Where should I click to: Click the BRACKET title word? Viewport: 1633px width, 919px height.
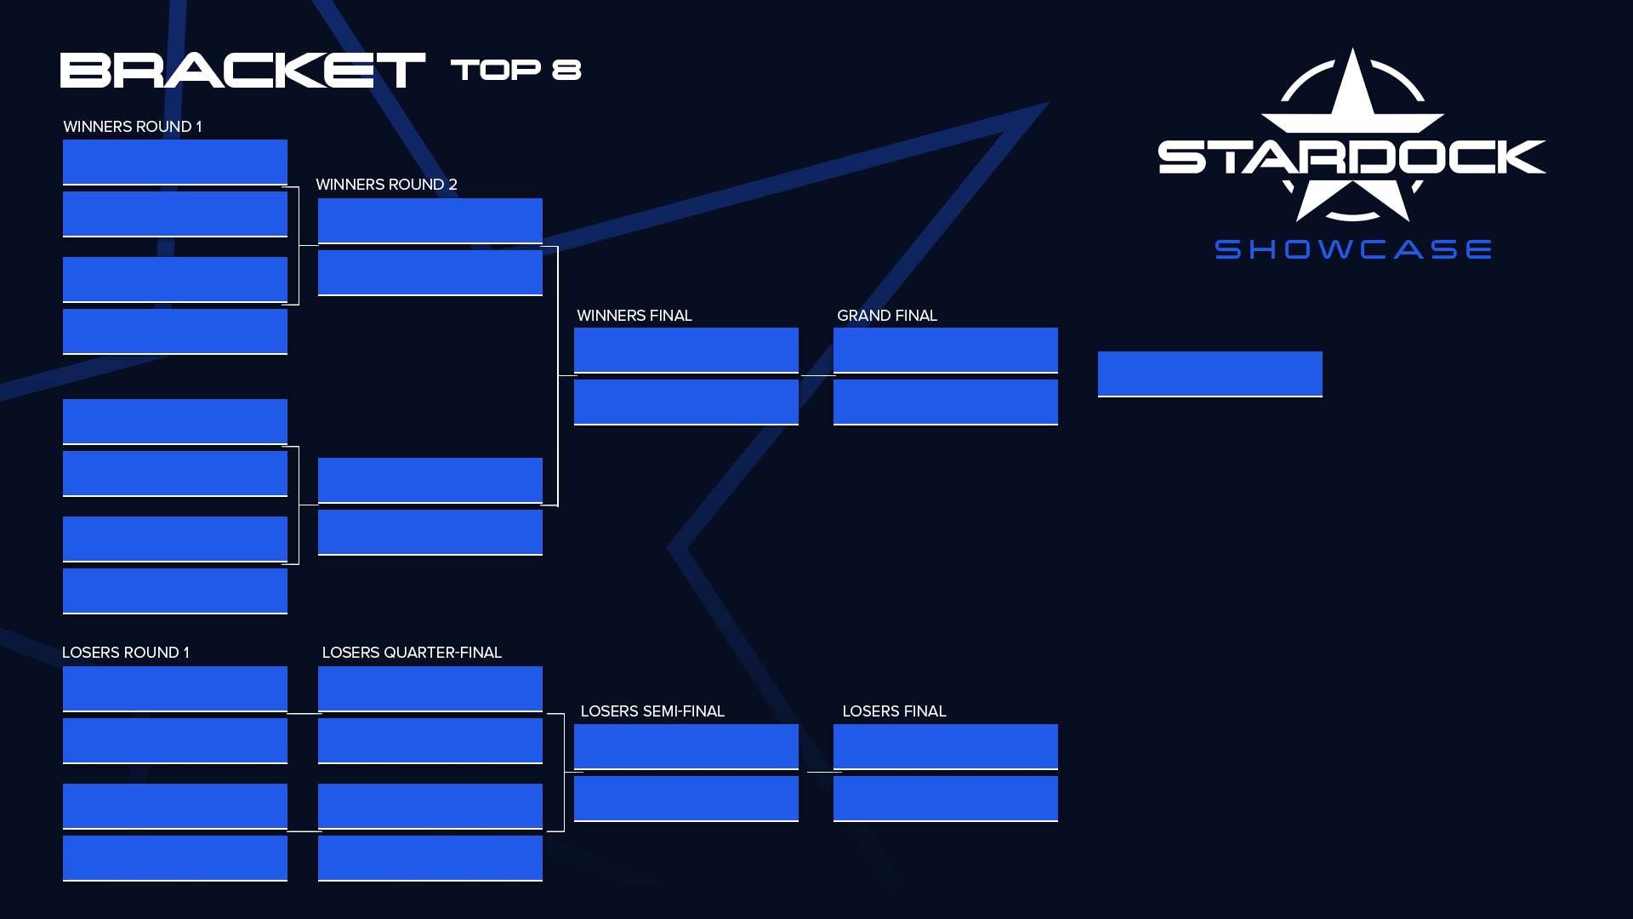click(x=242, y=70)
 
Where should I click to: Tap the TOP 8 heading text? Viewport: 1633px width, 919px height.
click(x=515, y=70)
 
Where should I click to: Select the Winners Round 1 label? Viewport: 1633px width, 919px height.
click(x=133, y=127)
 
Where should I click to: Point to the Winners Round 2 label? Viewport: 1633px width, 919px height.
click(x=386, y=185)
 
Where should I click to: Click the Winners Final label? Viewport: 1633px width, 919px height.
click(x=634, y=316)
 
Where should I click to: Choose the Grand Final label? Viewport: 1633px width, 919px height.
click(x=887, y=316)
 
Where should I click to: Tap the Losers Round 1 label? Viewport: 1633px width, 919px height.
click(x=126, y=653)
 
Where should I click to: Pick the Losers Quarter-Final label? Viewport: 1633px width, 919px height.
click(x=412, y=653)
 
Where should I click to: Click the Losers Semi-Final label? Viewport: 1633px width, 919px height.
click(x=652, y=711)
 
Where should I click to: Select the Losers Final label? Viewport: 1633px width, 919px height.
click(x=894, y=711)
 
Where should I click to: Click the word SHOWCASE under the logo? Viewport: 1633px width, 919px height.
click(x=1352, y=249)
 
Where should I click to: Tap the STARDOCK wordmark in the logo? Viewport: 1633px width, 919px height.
click(x=1351, y=157)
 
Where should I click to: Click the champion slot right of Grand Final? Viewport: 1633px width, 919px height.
click(x=1209, y=374)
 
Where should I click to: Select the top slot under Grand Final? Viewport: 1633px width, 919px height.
click(x=945, y=350)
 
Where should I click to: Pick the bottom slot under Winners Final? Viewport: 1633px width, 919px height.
click(x=686, y=402)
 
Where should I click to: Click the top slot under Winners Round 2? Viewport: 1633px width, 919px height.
click(x=430, y=220)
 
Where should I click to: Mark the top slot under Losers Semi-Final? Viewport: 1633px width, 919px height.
click(x=686, y=746)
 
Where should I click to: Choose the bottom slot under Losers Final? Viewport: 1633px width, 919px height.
click(x=945, y=798)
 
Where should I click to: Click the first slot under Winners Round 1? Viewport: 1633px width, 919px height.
click(x=174, y=162)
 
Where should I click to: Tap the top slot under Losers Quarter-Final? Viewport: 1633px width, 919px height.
click(x=430, y=688)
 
